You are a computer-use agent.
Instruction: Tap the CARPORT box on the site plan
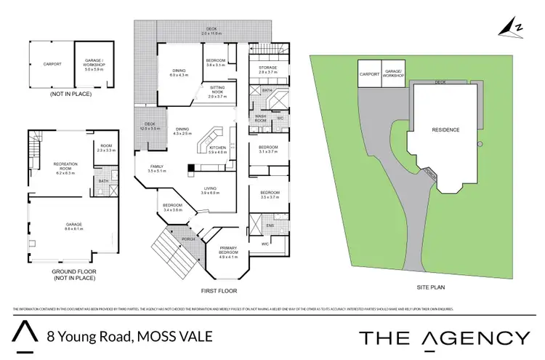click(370, 73)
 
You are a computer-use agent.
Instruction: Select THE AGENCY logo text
click(445, 337)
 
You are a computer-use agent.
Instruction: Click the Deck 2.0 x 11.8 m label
click(211, 31)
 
